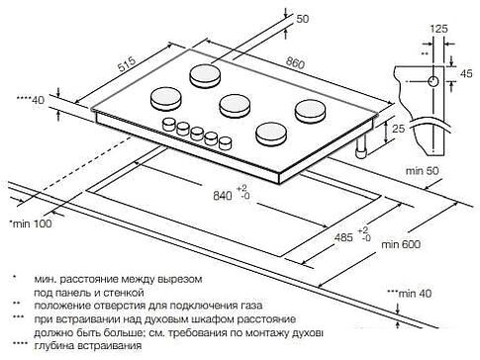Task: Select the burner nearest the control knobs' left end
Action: [162, 98]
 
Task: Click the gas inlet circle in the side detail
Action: [432, 77]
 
